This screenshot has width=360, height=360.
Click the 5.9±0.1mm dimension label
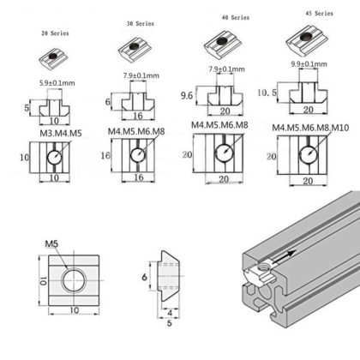click(x=57, y=82)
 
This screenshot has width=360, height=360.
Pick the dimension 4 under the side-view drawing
click(x=171, y=313)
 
